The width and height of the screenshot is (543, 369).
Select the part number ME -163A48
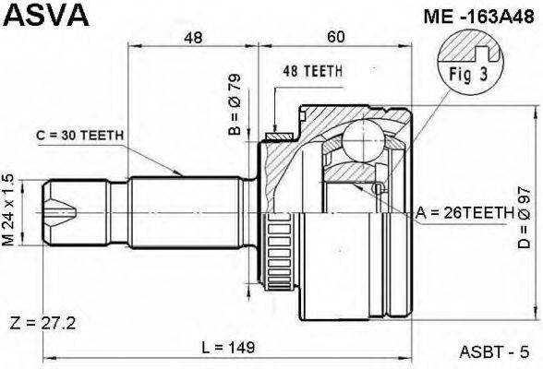tap(479, 17)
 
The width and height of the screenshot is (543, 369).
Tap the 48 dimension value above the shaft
tap(193, 37)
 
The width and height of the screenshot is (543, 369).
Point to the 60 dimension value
tap(335, 37)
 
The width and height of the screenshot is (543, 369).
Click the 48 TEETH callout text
tap(313, 71)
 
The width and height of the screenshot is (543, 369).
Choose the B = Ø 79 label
tap(235, 104)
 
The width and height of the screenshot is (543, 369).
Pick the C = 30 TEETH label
tap(80, 136)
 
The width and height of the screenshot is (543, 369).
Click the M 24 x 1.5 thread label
tap(8, 210)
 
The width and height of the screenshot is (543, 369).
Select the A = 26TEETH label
tap(465, 213)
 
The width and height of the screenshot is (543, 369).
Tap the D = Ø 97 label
tap(525, 217)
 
